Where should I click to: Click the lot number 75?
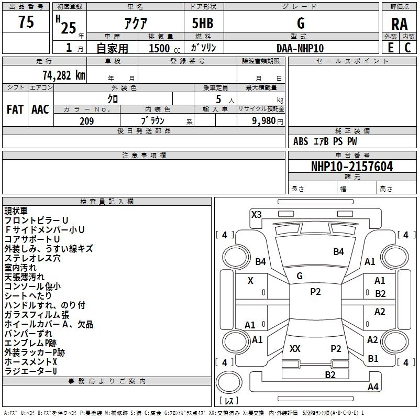pyautogui.click(x=26, y=22)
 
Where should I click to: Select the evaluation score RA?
pyautogui.click(x=399, y=24)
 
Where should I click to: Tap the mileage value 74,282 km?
pyautogui.click(x=64, y=75)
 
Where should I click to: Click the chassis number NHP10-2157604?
pyautogui.click(x=352, y=167)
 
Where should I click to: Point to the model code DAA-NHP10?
pyautogui.click(x=300, y=48)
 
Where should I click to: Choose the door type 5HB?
pyautogui.click(x=203, y=23)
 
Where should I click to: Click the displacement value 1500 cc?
pyautogui.click(x=164, y=48)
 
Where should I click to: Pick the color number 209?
pyautogui.click(x=87, y=121)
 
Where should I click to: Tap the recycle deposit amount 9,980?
pyautogui.click(x=264, y=120)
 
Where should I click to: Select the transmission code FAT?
pyautogui.click(x=15, y=109)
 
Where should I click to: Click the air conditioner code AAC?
pyautogui.click(x=40, y=109)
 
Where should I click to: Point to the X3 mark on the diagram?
pyautogui.click(x=256, y=214)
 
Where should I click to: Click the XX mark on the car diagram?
pyautogui.click(x=295, y=348)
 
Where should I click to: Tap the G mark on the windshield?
pyautogui.click(x=300, y=275)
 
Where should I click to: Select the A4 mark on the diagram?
pyautogui.click(x=373, y=387)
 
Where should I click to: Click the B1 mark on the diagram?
pyautogui.click(x=373, y=358)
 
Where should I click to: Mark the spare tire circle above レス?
pyautogui.click(x=229, y=382)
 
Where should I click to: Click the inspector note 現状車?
pyautogui.click(x=16, y=211)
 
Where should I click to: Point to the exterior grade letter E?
pyautogui.click(x=391, y=48)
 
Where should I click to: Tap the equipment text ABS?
pyautogui.click(x=301, y=141)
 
